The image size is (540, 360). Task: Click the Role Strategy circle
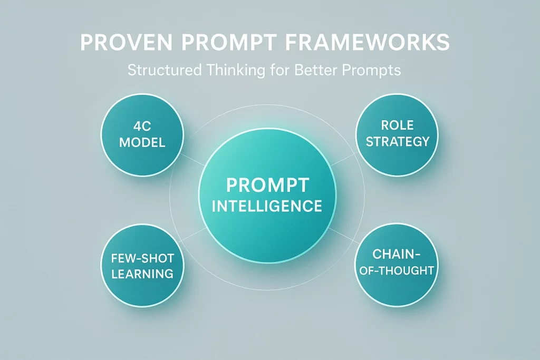(x=397, y=134)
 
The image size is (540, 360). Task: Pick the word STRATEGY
(x=397, y=141)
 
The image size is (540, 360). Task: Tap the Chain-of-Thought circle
(x=396, y=263)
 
